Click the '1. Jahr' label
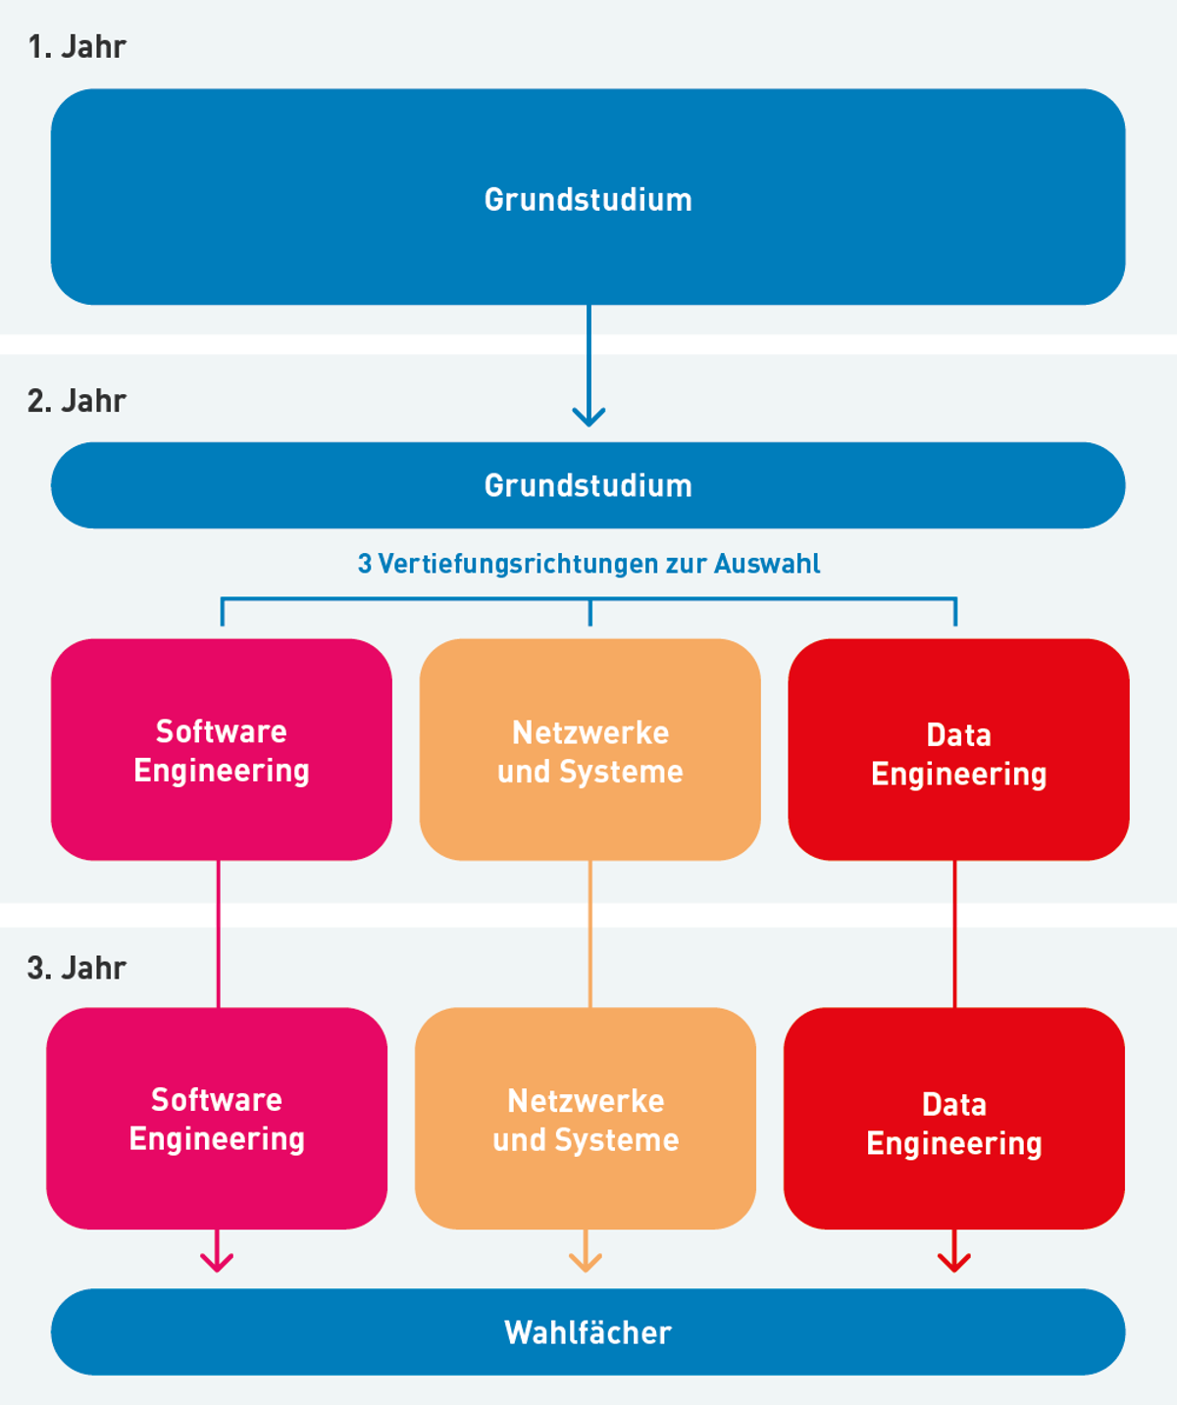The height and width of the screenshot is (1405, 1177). click(x=77, y=47)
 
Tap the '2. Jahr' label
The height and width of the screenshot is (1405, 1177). click(x=77, y=401)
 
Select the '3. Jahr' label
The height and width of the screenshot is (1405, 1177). click(x=77, y=968)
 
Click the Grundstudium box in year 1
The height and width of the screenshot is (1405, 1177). click(x=588, y=197)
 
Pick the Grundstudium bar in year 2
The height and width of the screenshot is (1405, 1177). click(x=588, y=485)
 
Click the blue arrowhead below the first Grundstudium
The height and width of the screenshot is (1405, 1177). click(x=588, y=417)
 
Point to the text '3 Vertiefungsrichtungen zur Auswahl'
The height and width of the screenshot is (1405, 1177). click(x=588, y=564)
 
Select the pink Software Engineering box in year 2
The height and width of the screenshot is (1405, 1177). click(x=222, y=750)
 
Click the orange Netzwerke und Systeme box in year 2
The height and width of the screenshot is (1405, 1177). click(x=589, y=750)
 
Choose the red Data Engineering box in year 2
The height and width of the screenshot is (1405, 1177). click(x=958, y=750)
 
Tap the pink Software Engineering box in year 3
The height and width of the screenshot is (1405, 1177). click(x=217, y=1119)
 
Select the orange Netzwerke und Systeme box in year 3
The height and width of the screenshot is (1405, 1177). click(x=586, y=1119)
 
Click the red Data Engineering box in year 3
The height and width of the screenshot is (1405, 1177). click(x=954, y=1119)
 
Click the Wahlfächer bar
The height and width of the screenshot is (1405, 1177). click(x=588, y=1331)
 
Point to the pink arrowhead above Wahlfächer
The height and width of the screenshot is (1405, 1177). click(x=217, y=1262)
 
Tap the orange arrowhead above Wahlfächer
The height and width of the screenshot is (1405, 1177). click(x=586, y=1262)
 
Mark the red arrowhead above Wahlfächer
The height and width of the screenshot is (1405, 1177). click(x=954, y=1262)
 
